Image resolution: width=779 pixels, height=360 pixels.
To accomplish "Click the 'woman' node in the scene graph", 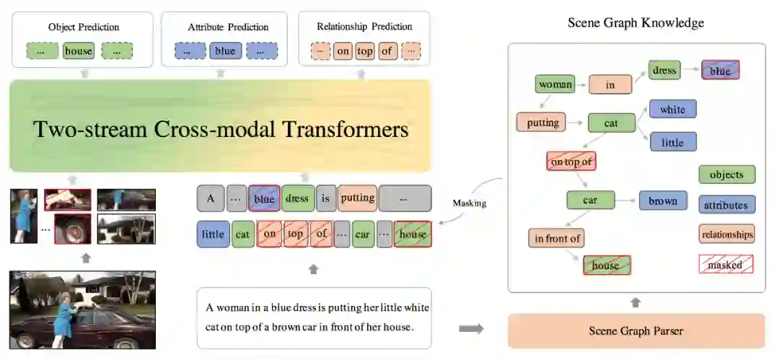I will point(555,84).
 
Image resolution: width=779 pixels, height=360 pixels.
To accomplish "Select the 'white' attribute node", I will point(672,110).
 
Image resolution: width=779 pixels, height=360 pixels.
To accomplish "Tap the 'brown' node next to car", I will point(663,201).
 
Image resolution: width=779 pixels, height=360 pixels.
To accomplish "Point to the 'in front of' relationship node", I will point(558,237).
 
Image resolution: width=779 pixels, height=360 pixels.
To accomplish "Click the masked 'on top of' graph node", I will point(571,162).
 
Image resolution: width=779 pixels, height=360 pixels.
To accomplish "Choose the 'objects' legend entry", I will point(726,175).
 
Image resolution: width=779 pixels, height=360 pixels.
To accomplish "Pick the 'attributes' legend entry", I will point(726,205).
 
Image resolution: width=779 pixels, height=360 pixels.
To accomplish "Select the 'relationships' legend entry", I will point(726,234).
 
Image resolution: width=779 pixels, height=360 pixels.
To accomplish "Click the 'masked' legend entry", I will point(726,264).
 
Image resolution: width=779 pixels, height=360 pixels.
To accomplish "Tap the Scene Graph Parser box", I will point(636,331).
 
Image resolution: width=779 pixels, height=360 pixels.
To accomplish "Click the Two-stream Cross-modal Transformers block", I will point(220,130).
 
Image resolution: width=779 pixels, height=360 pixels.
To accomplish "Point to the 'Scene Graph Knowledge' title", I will point(635,22).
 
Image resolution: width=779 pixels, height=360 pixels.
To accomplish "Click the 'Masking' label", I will point(470,203).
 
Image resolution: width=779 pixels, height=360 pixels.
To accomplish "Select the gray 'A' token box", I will point(210,198).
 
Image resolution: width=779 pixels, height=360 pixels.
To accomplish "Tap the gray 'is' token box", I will point(326,198).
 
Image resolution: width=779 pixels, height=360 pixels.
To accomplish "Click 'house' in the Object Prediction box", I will point(79,51).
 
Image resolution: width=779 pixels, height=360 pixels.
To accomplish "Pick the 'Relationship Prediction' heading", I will point(364,27).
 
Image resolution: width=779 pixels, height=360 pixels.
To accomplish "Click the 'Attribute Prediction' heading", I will point(228,27).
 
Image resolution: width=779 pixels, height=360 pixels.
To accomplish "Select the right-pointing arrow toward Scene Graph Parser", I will point(471,329).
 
